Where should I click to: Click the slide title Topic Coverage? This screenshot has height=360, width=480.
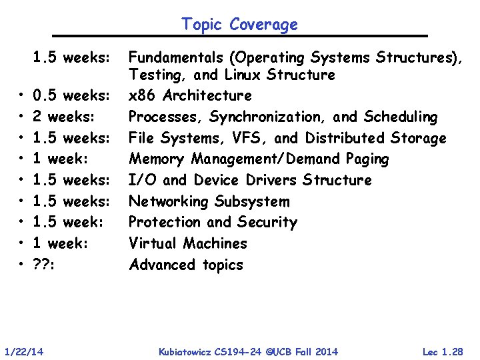click(x=239, y=25)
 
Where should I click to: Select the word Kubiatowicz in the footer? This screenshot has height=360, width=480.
click(x=187, y=351)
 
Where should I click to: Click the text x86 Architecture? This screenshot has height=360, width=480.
click(x=190, y=95)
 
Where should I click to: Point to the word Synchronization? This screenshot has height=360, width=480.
click(x=268, y=117)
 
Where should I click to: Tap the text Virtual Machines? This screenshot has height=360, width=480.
click(x=187, y=243)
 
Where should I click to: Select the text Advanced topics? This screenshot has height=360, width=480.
click(x=186, y=265)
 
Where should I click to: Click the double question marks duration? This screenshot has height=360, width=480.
click(x=43, y=265)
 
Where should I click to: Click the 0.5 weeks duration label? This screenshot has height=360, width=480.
click(x=71, y=95)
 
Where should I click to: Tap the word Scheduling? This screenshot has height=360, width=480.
click(x=400, y=117)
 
